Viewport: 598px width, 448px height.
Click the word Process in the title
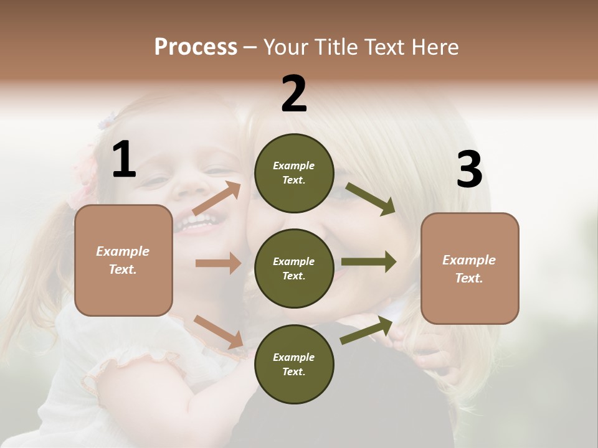[x=196, y=47]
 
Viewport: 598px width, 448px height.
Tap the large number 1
[x=124, y=160]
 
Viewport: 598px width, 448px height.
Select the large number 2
[x=294, y=94]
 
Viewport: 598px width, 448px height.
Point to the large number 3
[x=469, y=170]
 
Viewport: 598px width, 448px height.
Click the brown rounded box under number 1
[x=123, y=260]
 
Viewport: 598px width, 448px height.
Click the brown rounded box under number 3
[x=470, y=268]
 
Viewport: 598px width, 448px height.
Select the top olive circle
[x=294, y=173]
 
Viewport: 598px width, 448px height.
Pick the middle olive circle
[x=294, y=268]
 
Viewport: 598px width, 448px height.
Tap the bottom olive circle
[x=294, y=364]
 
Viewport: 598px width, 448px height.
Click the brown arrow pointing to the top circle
[x=217, y=199]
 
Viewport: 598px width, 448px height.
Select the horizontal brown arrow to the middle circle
[x=217, y=263]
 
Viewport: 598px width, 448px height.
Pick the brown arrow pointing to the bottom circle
[x=218, y=331]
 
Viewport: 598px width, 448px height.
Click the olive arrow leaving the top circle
[x=370, y=198]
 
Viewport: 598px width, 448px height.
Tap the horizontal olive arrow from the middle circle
[x=368, y=262]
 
